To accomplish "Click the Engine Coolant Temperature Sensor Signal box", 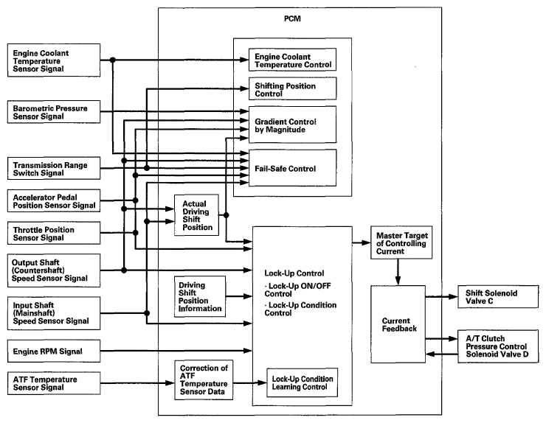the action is pyautogui.click(x=54, y=60).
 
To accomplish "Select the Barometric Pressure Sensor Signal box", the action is pyautogui.click(x=54, y=112).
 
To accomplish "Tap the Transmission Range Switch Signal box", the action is pyautogui.click(x=54, y=168).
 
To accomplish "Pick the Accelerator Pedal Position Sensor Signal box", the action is pyautogui.click(x=54, y=200).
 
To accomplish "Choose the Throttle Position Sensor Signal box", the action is pyautogui.click(x=54, y=233).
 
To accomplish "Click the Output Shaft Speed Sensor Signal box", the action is pyautogui.click(x=54, y=270).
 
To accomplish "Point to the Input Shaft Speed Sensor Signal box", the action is pyautogui.click(x=54, y=313).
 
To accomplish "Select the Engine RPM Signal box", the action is pyautogui.click(x=54, y=351).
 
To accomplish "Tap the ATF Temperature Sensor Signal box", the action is pyautogui.click(x=54, y=383).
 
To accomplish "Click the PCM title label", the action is pyautogui.click(x=292, y=18).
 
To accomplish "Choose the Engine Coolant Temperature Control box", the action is pyautogui.click(x=292, y=60).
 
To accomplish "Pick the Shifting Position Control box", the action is pyautogui.click(x=292, y=88).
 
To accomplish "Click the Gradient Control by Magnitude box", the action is pyautogui.click(x=292, y=125).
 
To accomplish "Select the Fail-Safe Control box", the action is pyautogui.click(x=292, y=168).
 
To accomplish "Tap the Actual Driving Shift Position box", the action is pyautogui.click(x=196, y=215).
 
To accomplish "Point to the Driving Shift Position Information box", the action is pyautogui.click(x=199, y=296).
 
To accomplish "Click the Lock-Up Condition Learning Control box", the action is pyautogui.click(x=303, y=382).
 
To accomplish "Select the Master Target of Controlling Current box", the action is pyautogui.click(x=401, y=242).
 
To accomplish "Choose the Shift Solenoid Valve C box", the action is pyautogui.click(x=498, y=297).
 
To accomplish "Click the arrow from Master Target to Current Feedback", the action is pyautogui.click(x=398, y=272).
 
